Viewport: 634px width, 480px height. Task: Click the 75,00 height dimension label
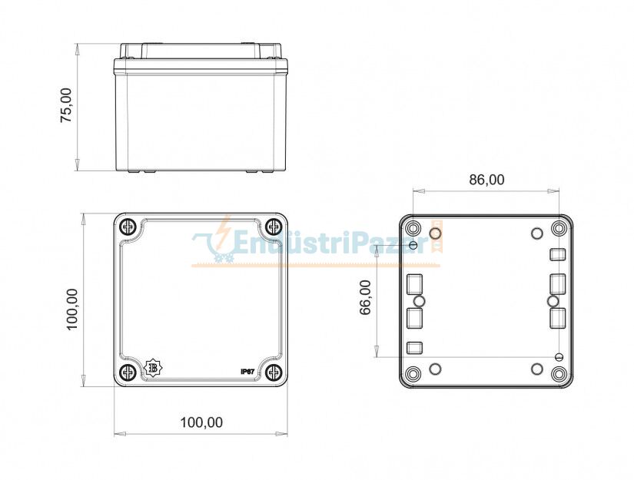pyautogui.click(x=67, y=105)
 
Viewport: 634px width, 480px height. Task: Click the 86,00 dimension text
pyautogui.click(x=486, y=180)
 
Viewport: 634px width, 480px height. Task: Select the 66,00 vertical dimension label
pyautogui.click(x=366, y=296)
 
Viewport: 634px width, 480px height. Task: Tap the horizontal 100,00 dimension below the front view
pyautogui.click(x=201, y=422)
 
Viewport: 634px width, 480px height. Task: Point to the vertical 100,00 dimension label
pyautogui.click(x=72, y=309)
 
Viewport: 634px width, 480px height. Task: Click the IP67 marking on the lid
pyautogui.click(x=247, y=371)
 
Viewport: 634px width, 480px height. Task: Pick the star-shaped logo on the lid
pyautogui.click(x=153, y=369)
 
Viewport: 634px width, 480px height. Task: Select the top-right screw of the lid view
pyautogui.click(x=274, y=227)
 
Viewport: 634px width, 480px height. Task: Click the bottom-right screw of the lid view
pyautogui.click(x=274, y=372)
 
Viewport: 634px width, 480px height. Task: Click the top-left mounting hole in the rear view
pyautogui.click(x=413, y=229)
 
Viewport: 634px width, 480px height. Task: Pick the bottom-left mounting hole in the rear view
pyautogui.click(x=413, y=374)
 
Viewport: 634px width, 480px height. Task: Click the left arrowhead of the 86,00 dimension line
pyautogui.click(x=416, y=190)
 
